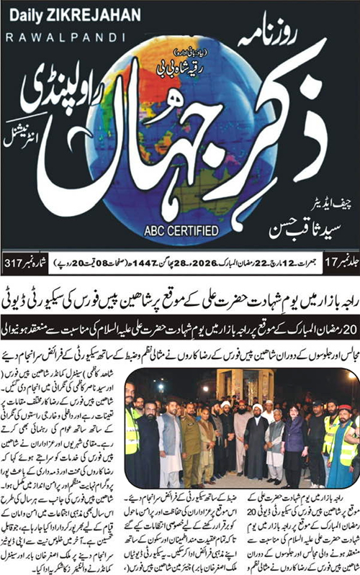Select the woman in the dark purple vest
point(296,439)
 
